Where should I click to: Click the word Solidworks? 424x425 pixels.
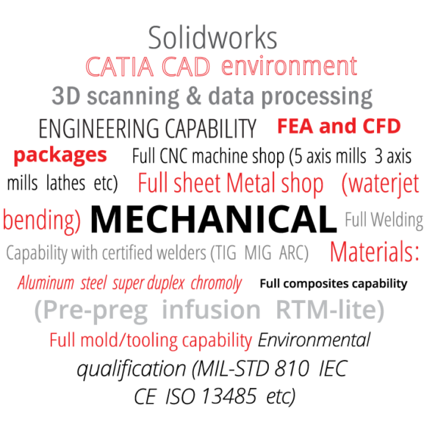click(x=212, y=37)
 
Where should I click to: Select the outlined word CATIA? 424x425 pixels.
click(x=120, y=67)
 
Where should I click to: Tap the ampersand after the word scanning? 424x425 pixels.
click(x=193, y=96)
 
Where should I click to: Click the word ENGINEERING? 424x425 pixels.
click(x=99, y=129)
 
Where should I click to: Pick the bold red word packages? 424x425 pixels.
click(x=60, y=156)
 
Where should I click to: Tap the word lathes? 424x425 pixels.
click(x=66, y=183)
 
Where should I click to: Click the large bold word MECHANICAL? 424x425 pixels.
click(x=214, y=219)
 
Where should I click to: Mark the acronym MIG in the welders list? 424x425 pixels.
click(x=258, y=253)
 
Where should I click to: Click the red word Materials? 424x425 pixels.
click(x=375, y=251)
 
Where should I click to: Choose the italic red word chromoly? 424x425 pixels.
click(x=216, y=284)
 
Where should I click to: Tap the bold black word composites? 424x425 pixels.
click(x=316, y=285)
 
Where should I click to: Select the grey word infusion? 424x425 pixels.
click(x=211, y=310)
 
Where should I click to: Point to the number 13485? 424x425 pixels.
click(x=229, y=396)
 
